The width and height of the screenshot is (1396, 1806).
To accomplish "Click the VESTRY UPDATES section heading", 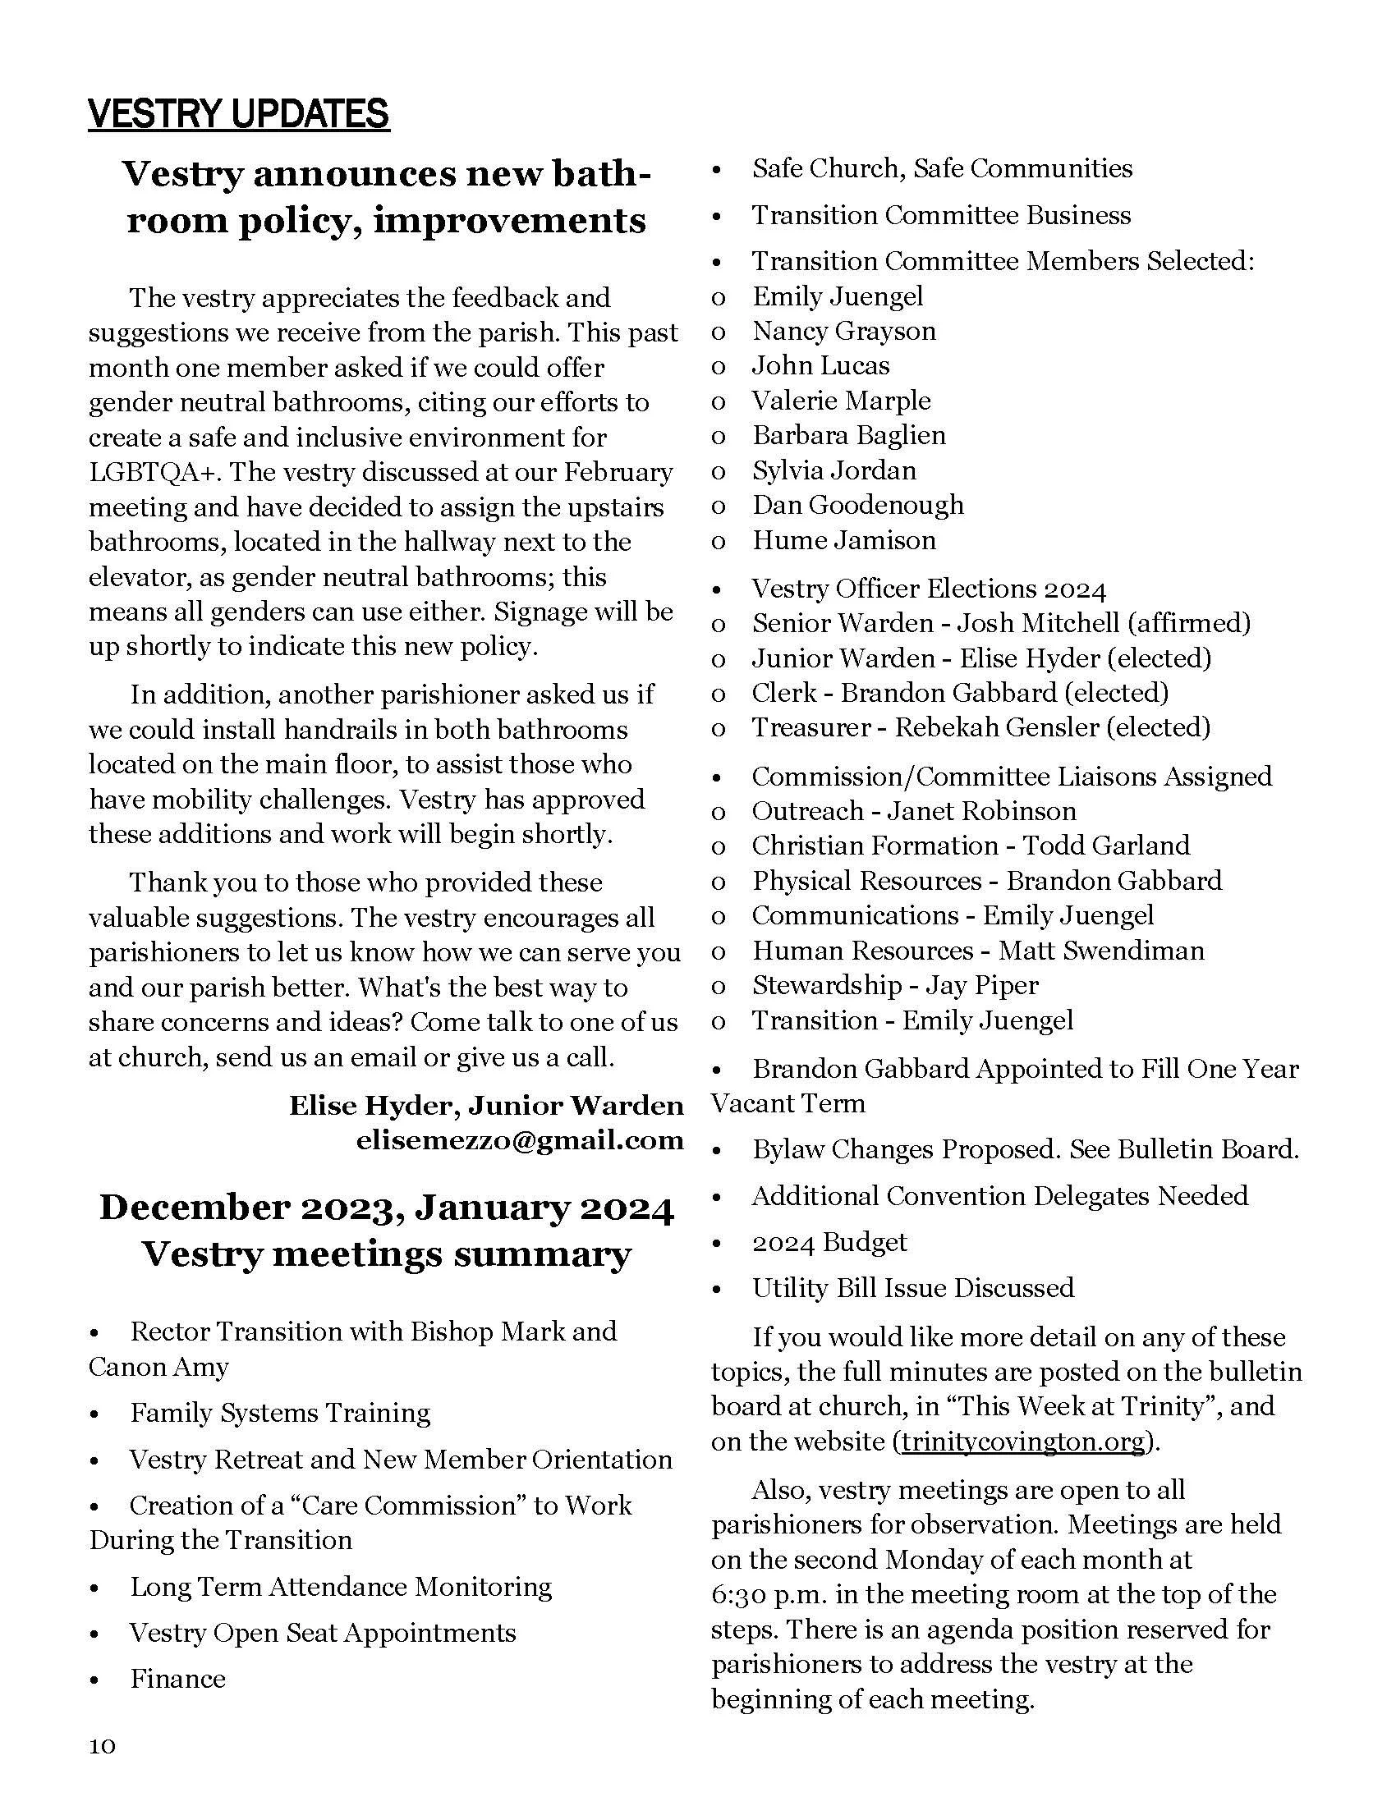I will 238,114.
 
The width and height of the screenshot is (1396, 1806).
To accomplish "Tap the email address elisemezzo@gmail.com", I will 519,1140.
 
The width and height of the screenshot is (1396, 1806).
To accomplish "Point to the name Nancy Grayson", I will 843,331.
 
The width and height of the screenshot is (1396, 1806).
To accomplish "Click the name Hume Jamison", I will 843,540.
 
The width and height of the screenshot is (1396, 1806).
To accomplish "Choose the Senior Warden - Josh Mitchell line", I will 1001,623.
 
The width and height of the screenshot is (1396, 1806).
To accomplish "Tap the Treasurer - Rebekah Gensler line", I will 980,727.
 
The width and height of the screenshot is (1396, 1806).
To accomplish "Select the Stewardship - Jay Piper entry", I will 895,985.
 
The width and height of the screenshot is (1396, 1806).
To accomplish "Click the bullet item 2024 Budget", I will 829,1242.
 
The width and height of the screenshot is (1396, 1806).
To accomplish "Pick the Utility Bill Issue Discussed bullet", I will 913,1287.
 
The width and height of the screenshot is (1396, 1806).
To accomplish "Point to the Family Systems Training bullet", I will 279,1413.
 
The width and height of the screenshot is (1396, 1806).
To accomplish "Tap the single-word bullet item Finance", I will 177,1679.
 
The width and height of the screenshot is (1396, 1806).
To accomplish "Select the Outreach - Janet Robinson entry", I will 914,810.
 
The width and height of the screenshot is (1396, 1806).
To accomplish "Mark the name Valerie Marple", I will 841,401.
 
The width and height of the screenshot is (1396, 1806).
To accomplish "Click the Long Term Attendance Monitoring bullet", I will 341,1586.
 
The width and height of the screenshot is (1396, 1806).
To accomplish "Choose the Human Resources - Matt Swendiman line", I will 977,950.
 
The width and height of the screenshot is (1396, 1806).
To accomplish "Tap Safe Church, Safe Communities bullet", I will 942,168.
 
